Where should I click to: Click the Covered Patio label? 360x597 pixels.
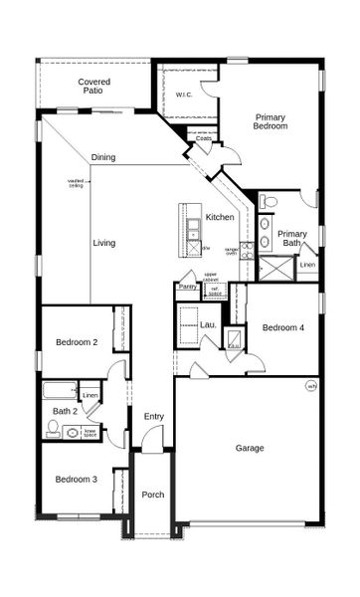tap(95, 87)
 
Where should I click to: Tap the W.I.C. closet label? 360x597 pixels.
tap(184, 95)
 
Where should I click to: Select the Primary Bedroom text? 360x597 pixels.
tap(270, 121)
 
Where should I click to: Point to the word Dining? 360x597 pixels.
tap(103, 157)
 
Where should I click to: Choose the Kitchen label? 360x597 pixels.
tap(220, 217)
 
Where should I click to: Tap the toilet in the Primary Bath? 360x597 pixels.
tap(269, 203)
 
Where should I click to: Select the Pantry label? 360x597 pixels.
tap(187, 287)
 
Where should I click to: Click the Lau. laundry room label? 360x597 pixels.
tap(209, 324)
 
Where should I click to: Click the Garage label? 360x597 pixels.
tap(250, 448)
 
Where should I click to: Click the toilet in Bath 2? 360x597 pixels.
tap(53, 429)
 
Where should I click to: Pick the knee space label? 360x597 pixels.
tap(90, 433)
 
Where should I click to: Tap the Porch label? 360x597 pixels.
tap(153, 495)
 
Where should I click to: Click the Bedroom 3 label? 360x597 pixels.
tap(76, 480)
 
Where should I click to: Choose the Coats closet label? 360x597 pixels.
tap(204, 139)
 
